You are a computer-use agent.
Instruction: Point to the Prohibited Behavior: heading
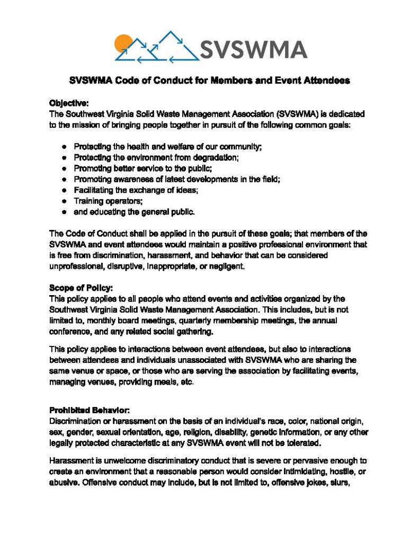pyautogui.click(x=90, y=410)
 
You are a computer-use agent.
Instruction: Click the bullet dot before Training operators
pyautogui.click(x=63, y=201)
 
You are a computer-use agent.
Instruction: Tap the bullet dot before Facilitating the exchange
pyautogui.click(x=63, y=190)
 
